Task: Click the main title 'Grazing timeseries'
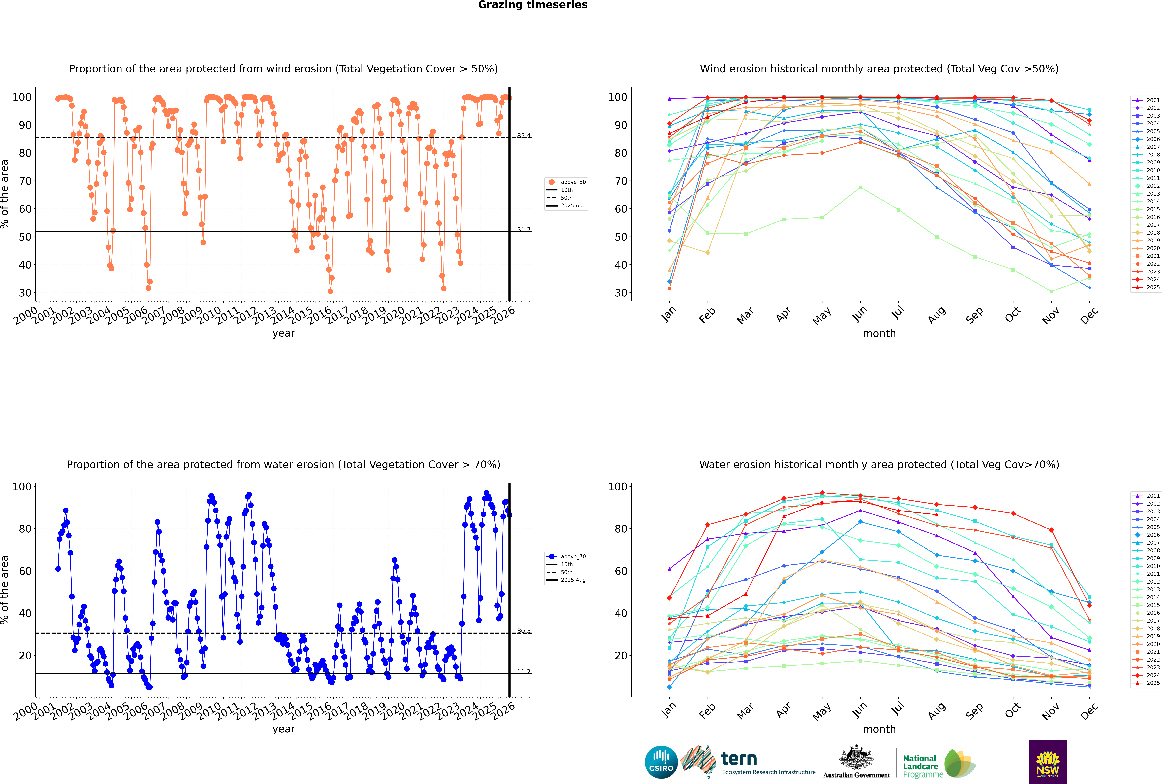pos(533,5)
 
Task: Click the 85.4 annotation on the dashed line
pos(524,136)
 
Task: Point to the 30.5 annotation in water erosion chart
pos(524,631)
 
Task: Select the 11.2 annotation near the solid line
pos(524,671)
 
